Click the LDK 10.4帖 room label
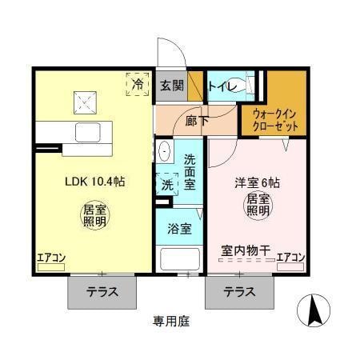(94, 181)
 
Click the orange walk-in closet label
(274, 120)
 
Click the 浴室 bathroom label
(179, 229)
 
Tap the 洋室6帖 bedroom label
(257, 181)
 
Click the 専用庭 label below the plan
(172, 322)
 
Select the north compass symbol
(314, 310)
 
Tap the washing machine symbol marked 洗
(167, 185)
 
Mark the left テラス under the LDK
(102, 292)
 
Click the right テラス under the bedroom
(239, 292)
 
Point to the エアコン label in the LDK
(50, 257)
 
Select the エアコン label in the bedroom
(290, 257)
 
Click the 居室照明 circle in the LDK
(94, 216)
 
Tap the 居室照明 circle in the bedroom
(257, 204)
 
